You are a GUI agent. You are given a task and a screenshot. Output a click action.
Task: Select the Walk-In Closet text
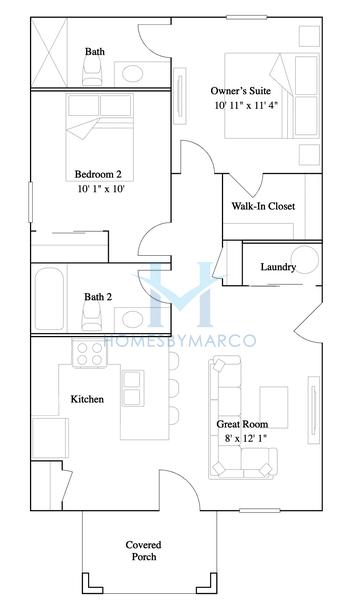263,207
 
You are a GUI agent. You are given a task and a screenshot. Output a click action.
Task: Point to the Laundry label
277,267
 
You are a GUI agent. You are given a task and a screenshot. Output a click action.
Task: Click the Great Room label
243,424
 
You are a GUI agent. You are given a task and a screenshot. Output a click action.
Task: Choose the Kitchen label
87,399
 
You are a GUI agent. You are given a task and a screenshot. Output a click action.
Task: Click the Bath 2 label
97,296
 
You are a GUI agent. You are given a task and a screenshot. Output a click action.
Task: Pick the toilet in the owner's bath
92,66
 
